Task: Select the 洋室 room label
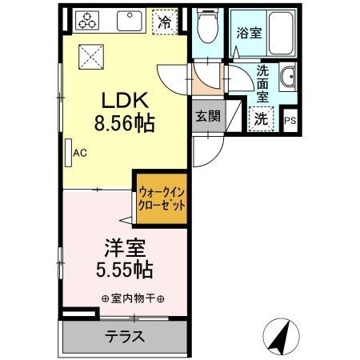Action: point(122,248)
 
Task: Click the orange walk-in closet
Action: point(162,198)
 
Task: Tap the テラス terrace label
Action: point(126,336)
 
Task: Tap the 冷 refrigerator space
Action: point(165,22)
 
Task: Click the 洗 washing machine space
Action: point(262,118)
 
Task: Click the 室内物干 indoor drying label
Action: point(133,298)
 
